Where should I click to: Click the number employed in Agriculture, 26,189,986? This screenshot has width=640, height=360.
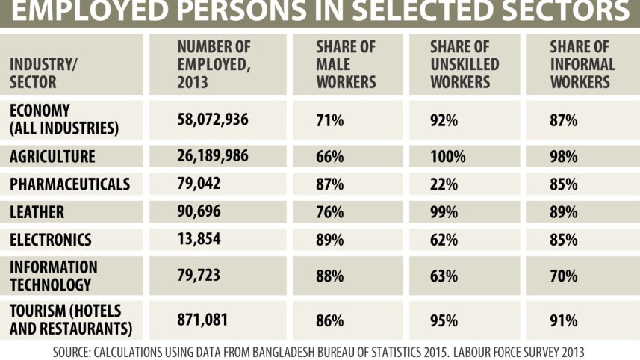(213, 156)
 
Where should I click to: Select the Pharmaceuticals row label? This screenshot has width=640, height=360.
(69, 184)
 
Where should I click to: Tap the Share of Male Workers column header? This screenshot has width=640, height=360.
(346, 64)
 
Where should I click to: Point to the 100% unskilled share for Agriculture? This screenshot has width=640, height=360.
(447, 157)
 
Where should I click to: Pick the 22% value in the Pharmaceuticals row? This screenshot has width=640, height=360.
(444, 184)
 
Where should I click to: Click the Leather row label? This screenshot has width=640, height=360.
(37, 212)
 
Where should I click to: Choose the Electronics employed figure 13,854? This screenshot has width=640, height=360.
(199, 239)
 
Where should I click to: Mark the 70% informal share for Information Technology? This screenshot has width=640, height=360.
(563, 276)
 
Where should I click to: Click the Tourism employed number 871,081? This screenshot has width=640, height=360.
(202, 320)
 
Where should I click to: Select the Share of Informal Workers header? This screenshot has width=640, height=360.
(582, 64)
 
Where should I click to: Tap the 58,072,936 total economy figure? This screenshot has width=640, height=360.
(213, 120)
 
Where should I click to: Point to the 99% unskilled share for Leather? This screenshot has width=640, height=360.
(444, 212)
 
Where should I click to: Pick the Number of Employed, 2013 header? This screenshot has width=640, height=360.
(214, 64)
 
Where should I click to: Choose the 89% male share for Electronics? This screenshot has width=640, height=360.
(329, 240)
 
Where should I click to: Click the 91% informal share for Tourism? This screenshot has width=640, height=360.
(563, 320)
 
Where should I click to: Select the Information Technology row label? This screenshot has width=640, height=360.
(54, 276)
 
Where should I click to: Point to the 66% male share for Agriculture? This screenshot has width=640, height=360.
(329, 157)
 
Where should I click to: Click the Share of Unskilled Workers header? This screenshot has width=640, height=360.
(465, 64)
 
